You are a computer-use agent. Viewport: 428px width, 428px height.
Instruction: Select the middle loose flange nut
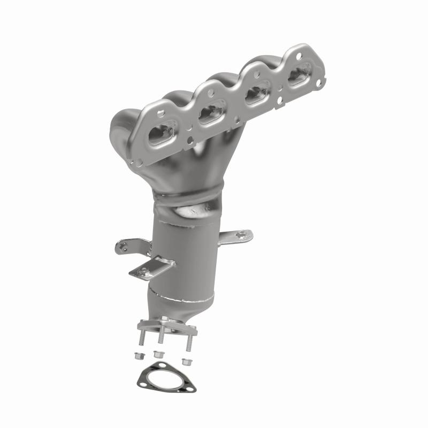point(157,354)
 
